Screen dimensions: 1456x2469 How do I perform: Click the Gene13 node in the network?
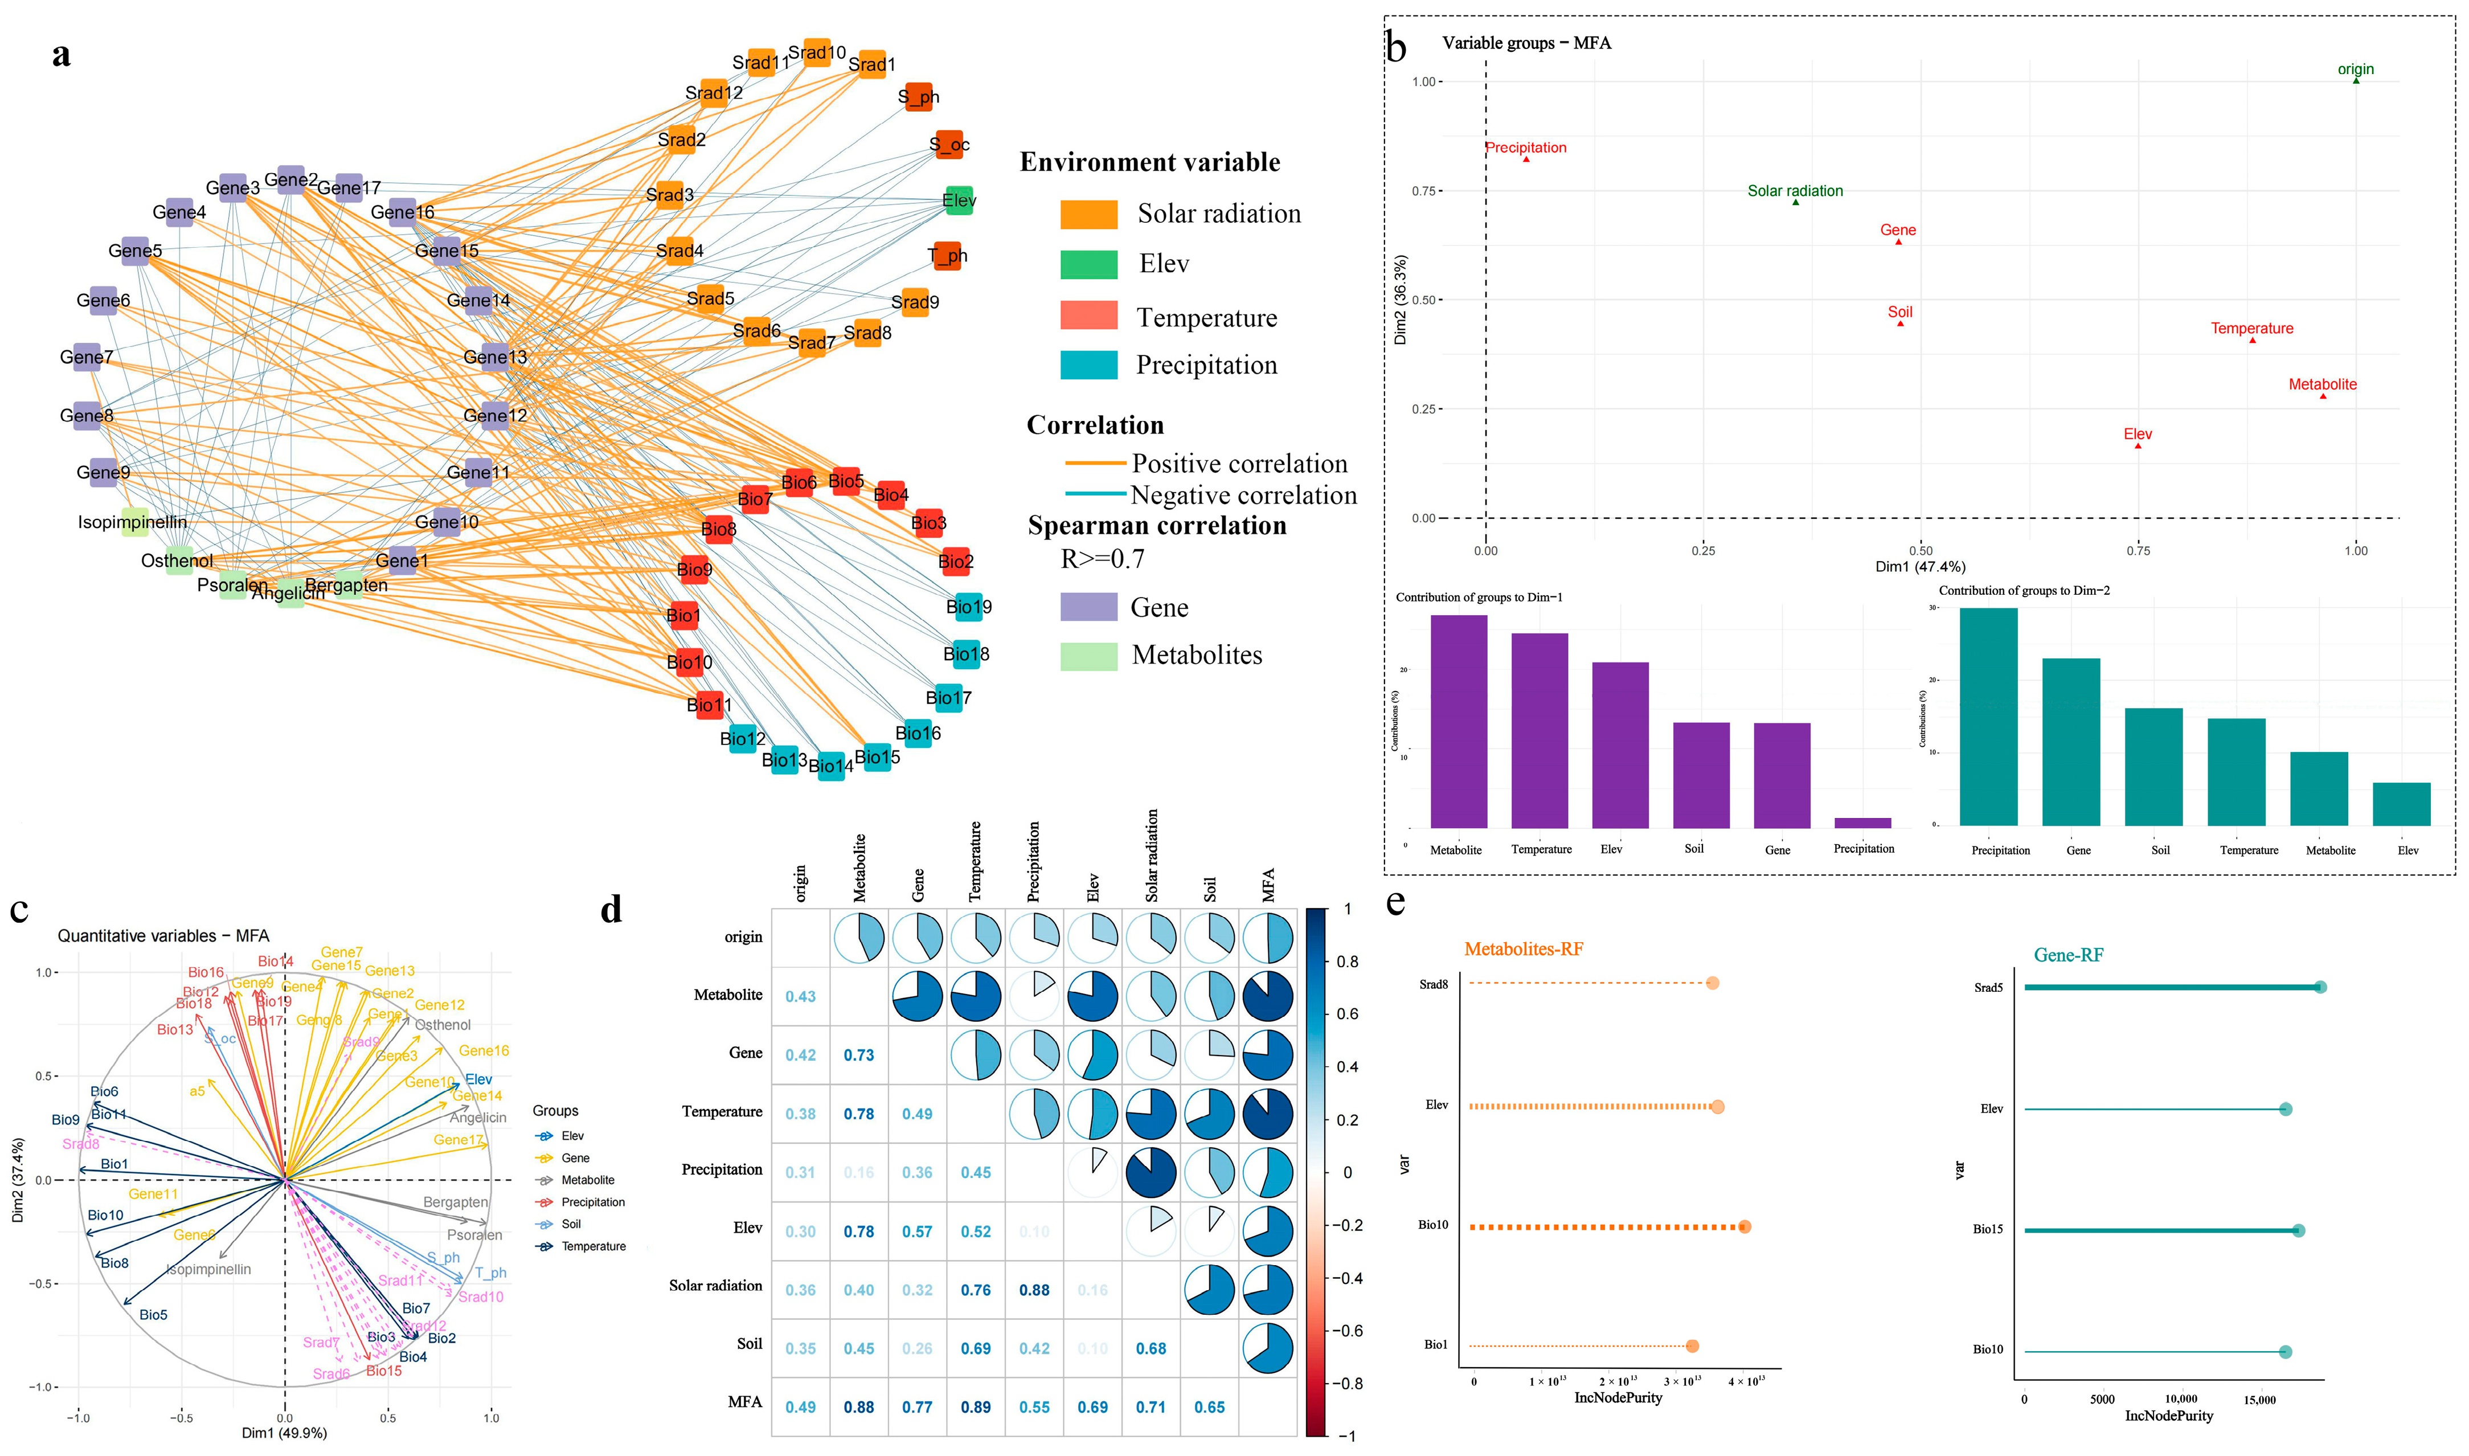pos(496,357)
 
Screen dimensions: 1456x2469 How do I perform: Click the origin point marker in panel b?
pos(2355,80)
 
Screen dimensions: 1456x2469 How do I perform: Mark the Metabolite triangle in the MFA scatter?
pos(2322,395)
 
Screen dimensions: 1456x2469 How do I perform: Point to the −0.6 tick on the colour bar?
pos(1348,1331)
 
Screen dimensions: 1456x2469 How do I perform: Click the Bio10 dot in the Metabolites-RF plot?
pos(1743,1226)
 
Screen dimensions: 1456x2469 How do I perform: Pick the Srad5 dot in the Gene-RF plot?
pos(2320,987)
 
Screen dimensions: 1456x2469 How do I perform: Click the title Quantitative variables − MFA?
pos(163,936)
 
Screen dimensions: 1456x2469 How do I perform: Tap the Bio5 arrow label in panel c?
pos(153,1315)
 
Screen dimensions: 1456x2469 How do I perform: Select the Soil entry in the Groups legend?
pos(571,1225)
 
